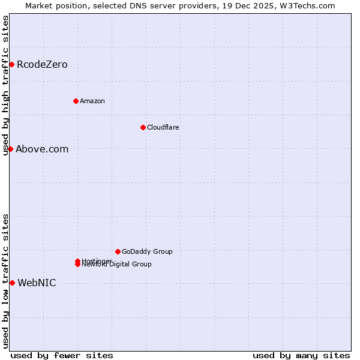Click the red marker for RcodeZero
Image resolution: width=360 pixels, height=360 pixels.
tap(11, 64)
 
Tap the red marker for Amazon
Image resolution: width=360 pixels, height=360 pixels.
tap(76, 101)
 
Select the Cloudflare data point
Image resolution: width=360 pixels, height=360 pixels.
tap(143, 127)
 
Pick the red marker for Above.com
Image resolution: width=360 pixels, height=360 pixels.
tap(10, 149)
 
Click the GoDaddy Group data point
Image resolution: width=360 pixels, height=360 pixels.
tap(118, 251)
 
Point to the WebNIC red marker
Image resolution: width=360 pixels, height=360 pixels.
tap(12, 283)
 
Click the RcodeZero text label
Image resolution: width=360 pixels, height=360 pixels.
tap(42, 65)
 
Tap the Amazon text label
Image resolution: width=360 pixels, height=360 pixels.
tap(92, 101)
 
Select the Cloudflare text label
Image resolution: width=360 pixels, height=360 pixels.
tap(163, 127)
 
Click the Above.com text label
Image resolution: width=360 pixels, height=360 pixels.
tap(42, 149)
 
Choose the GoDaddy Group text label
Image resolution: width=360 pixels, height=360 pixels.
tap(147, 251)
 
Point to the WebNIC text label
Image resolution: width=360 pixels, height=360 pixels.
tap(37, 283)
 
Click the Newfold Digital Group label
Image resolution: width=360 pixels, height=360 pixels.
tap(117, 265)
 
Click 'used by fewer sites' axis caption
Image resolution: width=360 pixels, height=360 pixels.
tap(62, 356)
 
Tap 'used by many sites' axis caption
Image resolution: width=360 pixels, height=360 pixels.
tap(301, 356)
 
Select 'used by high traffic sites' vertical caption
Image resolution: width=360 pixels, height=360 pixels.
tap(6, 85)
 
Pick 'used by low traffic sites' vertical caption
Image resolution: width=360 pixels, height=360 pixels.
tap(6, 281)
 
